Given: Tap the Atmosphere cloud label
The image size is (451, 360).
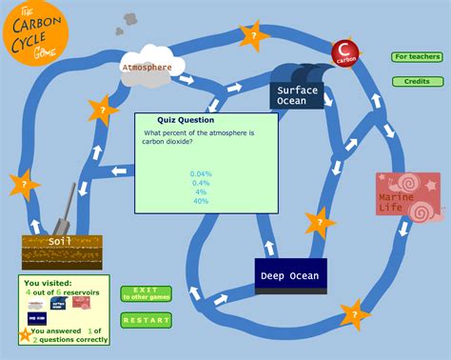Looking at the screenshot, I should tap(147, 68).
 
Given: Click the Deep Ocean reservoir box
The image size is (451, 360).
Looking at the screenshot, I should tap(290, 276).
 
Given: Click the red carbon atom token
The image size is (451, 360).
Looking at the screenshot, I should tap(344, 51).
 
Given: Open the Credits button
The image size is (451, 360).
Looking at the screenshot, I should tap(417, 82).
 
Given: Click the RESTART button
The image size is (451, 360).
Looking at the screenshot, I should tap(146, 320).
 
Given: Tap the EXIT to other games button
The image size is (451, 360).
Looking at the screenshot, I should tap(146, 293).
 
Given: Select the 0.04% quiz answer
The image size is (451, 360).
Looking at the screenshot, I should tap(201, 173).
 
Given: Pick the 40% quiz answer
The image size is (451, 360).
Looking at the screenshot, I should tap(201, 201).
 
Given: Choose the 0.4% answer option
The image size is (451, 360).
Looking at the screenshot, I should tap(201, 183).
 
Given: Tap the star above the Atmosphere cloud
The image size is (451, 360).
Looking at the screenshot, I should tap(253, 37).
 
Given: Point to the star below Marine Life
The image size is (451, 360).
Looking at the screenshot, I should tap(354, 312).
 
